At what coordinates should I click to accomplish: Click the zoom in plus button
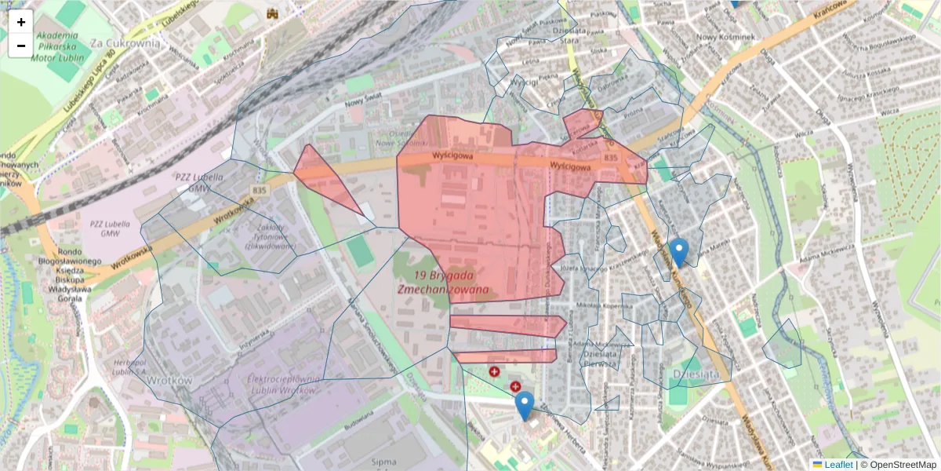point(21,22)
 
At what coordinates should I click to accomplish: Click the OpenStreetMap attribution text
point(902,465)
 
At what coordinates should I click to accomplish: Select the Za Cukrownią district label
point(125,43)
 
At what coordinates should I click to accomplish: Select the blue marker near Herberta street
point(525,405)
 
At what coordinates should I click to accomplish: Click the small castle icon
point(273,13)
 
